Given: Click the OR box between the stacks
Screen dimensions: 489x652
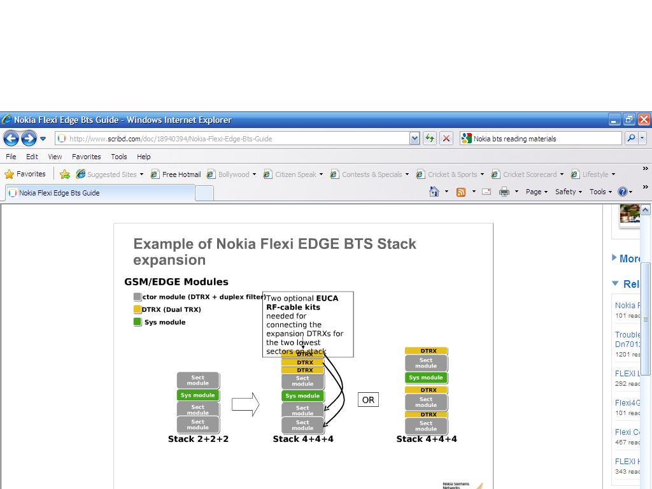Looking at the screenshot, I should pyautogui.click(x=368, y=400).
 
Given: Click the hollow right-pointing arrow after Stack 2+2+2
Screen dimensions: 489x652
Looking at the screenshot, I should pyautogui.click(x=245, y=404).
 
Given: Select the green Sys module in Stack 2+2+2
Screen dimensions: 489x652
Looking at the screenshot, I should pyautogui.click(x=198, y=395).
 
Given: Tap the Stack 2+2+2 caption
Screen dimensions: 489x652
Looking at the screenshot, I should pyautogui.click(x=198, y=439).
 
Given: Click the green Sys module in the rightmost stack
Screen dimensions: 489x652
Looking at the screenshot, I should pyautogui.click(x=426, y=378).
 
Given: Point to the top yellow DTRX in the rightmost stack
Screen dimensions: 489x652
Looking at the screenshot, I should pyautogui.click(x=427, y=351).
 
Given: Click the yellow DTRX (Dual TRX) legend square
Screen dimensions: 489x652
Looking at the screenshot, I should pyautogui.click(x=137, y=309).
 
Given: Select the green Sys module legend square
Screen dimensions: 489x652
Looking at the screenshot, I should pyautogui.click(x=137, y=322).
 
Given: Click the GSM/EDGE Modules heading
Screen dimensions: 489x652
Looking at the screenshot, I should pyautogui.click(x=176, y=281).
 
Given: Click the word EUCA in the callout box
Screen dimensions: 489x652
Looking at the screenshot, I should pyautogui.click(x=327, y=298).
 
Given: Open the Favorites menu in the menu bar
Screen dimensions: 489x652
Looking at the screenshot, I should pyautogui.click(x=86, y=157).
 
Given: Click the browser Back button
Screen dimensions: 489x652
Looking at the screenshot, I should pyautogui.click(x=11, y=138).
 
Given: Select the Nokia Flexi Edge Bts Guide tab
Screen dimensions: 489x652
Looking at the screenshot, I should pyautogui.click(x=59, y=193).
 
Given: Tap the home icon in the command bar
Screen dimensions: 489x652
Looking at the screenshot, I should pyautogui.click(x=434, y=192).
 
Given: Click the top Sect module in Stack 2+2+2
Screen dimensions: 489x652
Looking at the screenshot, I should pyautogui.click(x=198, y=381).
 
